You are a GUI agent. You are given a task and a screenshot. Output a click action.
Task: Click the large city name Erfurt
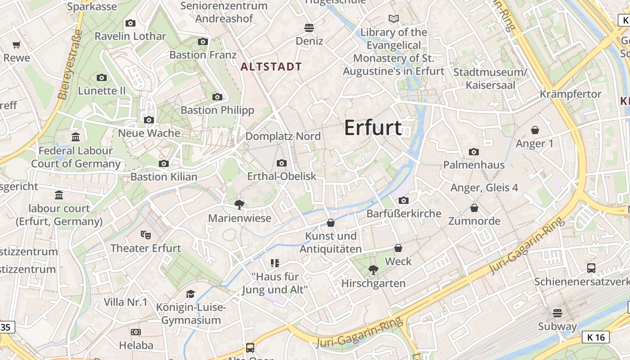coord(373,128)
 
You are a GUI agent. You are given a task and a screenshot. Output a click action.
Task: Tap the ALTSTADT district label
coord(271,67)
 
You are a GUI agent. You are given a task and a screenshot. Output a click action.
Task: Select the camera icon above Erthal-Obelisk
coord(282,163)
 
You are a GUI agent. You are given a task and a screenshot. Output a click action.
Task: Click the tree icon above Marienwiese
coord(239,205)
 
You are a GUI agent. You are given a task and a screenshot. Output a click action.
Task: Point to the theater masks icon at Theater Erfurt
coord(146,234)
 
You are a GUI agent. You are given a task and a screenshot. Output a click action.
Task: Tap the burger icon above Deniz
coord(309,27)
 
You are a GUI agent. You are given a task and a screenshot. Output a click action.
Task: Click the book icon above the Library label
coord(394,19)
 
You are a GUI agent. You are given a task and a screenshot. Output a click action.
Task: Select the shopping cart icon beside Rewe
coord(17,45)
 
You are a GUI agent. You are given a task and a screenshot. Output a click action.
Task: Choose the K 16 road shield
coord(596,337)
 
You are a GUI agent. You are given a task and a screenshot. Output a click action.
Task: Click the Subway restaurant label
coord(558,326)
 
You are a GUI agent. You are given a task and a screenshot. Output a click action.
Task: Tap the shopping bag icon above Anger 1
coord(535,130)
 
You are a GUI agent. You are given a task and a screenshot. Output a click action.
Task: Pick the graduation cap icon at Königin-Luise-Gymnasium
coord(191,294)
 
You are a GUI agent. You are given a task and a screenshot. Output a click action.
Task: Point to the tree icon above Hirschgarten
coord(373,270)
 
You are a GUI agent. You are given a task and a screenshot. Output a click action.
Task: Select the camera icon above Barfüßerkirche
coord(404,200)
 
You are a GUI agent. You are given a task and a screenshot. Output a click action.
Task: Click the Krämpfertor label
coord(571,94)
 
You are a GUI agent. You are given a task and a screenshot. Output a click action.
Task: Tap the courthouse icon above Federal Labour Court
coord(76,137)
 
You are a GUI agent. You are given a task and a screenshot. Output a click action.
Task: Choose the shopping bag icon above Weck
coord(398,248)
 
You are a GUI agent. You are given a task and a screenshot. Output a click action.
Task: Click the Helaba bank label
coord(136,345)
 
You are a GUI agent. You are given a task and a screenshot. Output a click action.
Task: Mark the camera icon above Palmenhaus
coord(474,152)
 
